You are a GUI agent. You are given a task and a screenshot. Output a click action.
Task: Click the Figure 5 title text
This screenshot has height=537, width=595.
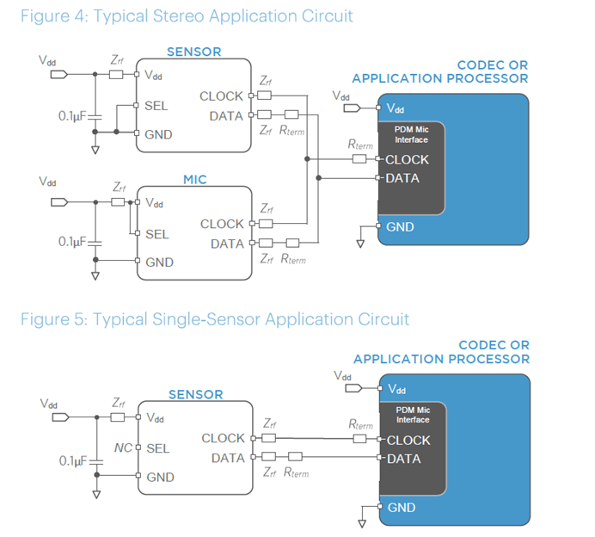click(x=215, y=319)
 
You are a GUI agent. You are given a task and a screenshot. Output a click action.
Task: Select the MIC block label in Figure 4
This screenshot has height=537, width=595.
click(x=195, y=180)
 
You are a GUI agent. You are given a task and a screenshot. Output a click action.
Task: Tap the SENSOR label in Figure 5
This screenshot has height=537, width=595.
click(x=195, y=395)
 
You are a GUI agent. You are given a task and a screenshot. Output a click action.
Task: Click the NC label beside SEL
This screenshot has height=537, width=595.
click(x=123, y=448)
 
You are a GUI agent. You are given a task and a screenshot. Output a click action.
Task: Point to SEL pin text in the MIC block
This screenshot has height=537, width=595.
click(x=157, y=234)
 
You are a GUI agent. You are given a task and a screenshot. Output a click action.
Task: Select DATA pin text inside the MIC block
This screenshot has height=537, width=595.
click(x=227, y=244)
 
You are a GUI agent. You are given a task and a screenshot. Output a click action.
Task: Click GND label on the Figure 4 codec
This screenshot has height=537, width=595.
click(x=400, y=227)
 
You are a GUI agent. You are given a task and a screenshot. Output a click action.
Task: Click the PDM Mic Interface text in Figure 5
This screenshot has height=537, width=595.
click(x=412, y=415)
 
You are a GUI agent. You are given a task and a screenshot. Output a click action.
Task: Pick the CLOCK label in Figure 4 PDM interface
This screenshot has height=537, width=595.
click(x=408, y=159)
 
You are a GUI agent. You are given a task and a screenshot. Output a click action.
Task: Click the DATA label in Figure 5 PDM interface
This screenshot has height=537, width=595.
click(x=404, y=459)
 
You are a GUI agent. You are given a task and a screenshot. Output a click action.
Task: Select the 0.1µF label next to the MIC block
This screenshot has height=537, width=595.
click(x=73, y=242)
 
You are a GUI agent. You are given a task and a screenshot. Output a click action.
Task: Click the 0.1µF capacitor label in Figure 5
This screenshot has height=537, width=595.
click(x=75, y=461)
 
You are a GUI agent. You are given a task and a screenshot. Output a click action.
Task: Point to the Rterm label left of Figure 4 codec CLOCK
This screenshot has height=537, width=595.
click(x=361, y=145)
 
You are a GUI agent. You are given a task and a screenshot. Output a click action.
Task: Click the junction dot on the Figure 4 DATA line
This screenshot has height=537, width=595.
click(x=318, y=178)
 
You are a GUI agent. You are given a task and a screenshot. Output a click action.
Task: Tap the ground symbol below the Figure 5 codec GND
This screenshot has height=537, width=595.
click(x=361, y=522)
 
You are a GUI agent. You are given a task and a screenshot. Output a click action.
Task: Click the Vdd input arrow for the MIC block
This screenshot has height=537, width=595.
click(x=59, y=202)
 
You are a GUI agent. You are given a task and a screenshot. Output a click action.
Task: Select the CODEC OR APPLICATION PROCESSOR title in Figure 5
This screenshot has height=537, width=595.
click(x=442, y=353)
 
